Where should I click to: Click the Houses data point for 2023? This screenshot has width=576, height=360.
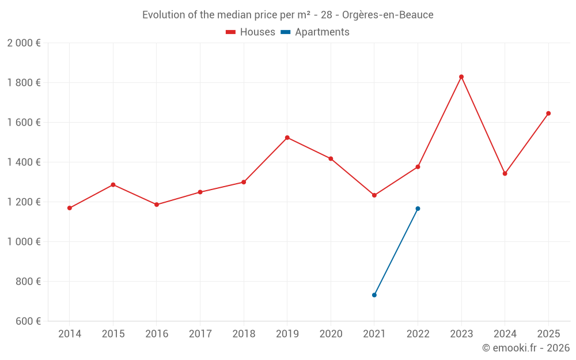[x=461, y=77]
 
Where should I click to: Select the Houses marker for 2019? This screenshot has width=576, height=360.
[x=287, y=138]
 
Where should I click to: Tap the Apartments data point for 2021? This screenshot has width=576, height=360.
[x=374, y=295]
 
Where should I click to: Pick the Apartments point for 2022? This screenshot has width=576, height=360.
[x=418, y=209]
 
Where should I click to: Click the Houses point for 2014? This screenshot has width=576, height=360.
[x=70, y=208]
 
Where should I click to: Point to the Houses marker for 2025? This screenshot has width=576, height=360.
[x=548, y=113]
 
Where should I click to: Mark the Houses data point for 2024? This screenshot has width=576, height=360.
[x=505, y=173]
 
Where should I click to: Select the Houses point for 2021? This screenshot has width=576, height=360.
[x=374, y=195]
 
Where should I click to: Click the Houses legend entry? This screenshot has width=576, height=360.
[x=251, y=32]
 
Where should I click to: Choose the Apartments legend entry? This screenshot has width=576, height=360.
[x=315, y=32]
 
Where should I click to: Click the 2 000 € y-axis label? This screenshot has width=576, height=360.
[x=24, y=43]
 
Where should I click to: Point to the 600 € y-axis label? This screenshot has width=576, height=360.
[x=28, y=321]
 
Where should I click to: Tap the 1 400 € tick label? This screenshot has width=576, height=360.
[x=24, y=162]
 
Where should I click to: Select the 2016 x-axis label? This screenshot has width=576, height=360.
[x=157, y=334]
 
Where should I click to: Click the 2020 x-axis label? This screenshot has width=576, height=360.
[x=331, y=334]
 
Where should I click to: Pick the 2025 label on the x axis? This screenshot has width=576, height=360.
[x=548, y=334]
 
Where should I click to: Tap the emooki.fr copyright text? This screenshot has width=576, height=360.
[x=526, y=348]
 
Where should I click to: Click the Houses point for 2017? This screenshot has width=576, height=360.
[x=200, y=192]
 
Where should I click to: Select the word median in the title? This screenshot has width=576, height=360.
[x=237, y=15]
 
